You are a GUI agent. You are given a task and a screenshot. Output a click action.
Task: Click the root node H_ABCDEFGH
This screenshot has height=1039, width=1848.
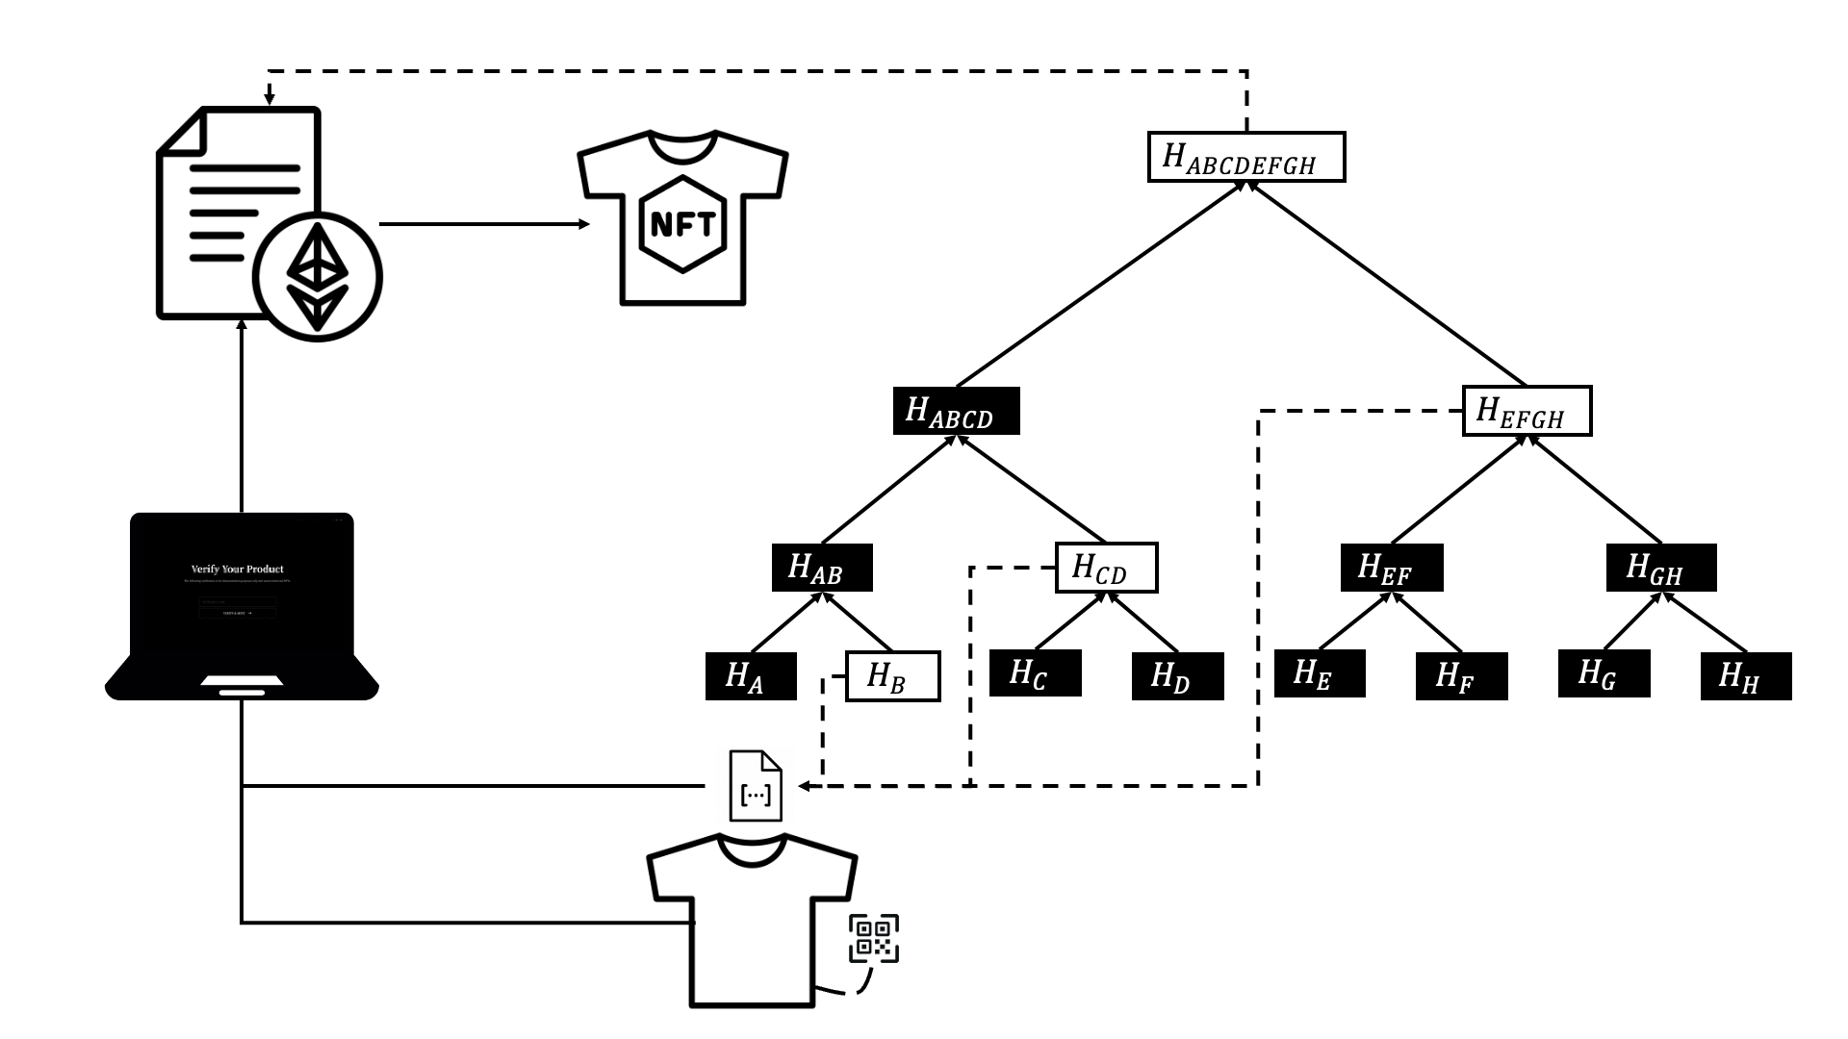pos(1246,157)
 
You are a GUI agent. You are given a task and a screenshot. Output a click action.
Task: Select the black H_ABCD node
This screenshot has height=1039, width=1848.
pos(956,411)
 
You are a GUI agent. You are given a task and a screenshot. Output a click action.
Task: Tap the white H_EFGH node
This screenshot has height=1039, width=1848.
pos(1527,411)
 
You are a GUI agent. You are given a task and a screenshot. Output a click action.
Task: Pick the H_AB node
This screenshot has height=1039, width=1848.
pos(822,568)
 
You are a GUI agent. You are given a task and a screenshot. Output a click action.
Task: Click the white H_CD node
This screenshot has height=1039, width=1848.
pos(1106,568)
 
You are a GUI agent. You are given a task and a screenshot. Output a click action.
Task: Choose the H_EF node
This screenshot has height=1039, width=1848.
pos(1392,568)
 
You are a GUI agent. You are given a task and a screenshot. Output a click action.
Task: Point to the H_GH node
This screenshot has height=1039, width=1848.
pos(1661,568)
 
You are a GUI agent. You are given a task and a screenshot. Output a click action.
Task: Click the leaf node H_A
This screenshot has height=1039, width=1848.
pos(751,676)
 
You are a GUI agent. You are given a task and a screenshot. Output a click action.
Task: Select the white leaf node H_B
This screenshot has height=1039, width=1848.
pos(892,676)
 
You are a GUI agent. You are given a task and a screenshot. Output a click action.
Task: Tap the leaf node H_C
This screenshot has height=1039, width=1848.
pos(1035,673)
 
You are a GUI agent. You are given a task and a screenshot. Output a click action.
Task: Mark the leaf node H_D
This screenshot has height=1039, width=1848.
pos(1177,676)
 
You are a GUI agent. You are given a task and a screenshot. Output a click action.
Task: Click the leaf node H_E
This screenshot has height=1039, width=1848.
pos(1320,673)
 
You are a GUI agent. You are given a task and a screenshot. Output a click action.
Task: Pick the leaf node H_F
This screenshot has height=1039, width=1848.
pos(1461,676)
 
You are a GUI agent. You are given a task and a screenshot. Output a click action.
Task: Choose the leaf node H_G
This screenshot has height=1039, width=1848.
pos(1604,673)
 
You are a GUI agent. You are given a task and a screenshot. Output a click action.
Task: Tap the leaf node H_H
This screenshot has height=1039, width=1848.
pos(1746,676)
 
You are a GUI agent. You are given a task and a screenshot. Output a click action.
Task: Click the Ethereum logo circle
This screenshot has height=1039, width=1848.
pos(318,277)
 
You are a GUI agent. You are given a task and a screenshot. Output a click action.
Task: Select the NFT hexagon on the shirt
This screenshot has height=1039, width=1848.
pos(682,223)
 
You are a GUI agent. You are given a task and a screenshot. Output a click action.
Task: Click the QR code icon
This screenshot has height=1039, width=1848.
pos(874,938)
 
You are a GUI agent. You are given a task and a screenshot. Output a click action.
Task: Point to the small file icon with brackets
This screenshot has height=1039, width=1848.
pos(756,786)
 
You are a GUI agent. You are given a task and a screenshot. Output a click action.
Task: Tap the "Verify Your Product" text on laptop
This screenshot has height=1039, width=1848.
pos(237,570)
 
